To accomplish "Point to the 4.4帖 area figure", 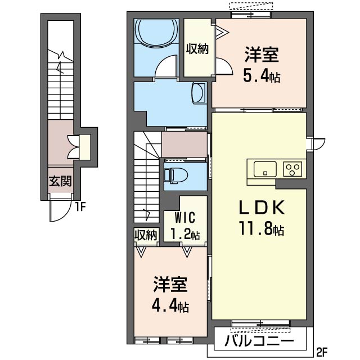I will [x=169, y=306].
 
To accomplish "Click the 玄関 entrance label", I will [x=59, y=181].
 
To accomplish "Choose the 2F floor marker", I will [x=321, y=353].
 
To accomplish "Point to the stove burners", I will [x=293, y=168].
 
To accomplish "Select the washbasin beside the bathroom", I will [x=199, y=93].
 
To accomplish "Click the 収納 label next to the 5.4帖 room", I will [x=197, y=49].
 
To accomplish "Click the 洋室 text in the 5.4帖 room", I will [x=262, y=55].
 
